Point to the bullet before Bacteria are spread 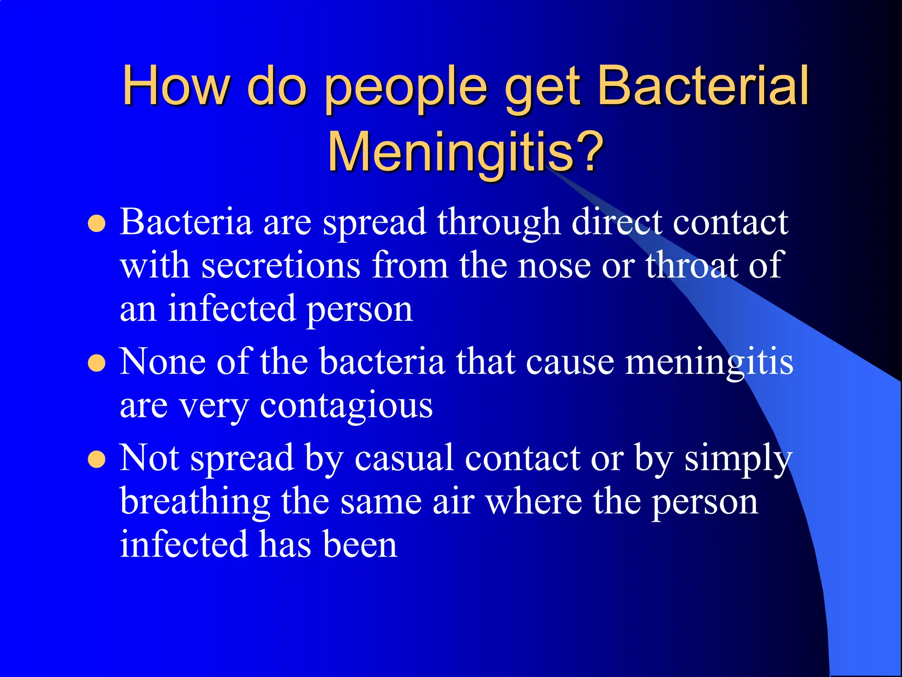point(97,223)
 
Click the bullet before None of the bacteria point(97,364)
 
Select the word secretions point(281,266)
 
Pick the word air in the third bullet point(453,502)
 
